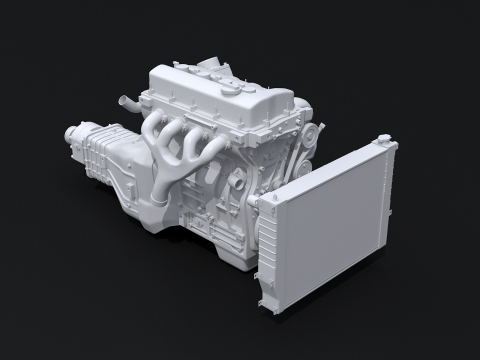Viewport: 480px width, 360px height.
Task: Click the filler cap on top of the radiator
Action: (382, 140)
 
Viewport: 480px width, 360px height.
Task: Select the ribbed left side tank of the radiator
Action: (267, 250)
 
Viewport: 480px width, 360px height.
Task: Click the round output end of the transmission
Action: (71, 131)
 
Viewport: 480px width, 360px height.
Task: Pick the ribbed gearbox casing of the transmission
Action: (100, 150)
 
